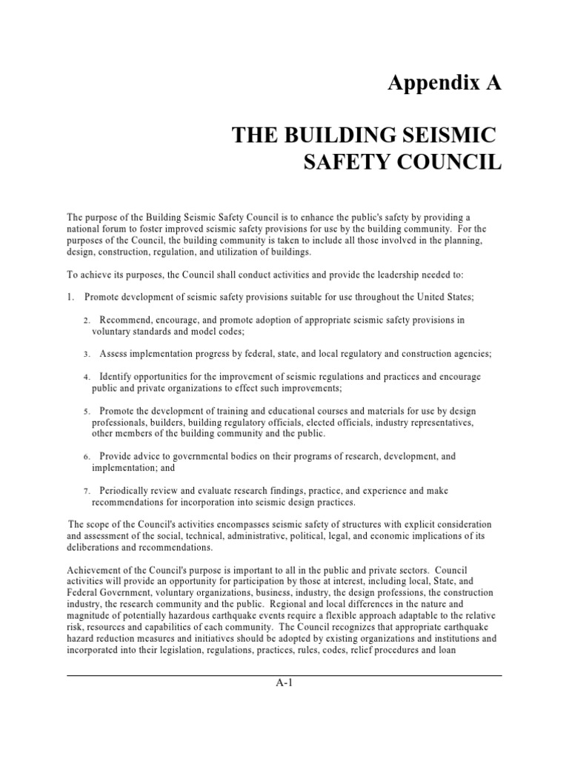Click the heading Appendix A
click(445, 84)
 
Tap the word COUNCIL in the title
click(447, 162)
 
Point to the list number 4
click(86, 378)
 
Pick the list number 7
click(86, 492)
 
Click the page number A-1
click(284, 683)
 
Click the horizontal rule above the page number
click(284, 675)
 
